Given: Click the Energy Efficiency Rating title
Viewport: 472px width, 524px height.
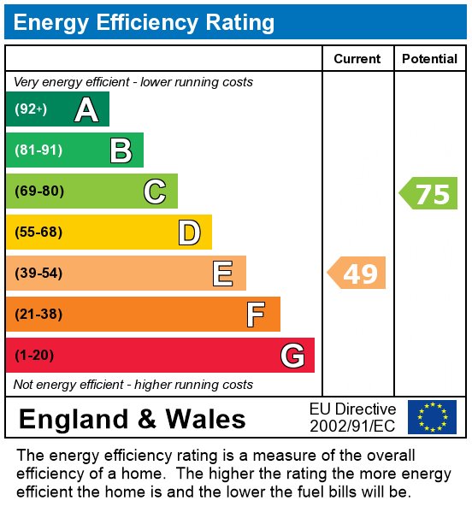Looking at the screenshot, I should tap(145, 22).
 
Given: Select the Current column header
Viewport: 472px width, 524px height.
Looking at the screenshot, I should tap(357, 59).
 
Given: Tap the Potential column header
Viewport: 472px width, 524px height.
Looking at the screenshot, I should tap(429, 59).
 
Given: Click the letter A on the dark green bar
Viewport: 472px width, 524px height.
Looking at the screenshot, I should tap(86, 109).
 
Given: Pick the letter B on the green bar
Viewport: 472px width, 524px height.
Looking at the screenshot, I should tap(121, 150).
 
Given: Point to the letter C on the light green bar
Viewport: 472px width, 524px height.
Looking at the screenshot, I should tap(155, 191).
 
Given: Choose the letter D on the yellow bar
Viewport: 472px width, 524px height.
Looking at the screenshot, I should tap(189, 233).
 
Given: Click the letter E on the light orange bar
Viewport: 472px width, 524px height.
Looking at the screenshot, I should tap(223, 274).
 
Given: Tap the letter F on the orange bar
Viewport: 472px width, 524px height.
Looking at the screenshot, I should tap(256, 315).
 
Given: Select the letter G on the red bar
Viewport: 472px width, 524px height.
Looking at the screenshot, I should tap(292, 356).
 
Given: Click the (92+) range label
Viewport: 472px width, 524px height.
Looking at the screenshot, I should tap(31, 109).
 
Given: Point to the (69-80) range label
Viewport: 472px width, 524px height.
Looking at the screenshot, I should tap(39, 191).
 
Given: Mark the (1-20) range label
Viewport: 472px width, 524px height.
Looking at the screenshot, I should tap(34, 356).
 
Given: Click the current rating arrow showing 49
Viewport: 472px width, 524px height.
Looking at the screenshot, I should tap(357, 274).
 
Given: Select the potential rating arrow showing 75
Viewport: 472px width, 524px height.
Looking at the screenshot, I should tap(429, 194).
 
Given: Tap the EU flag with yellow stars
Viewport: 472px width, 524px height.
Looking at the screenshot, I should tap(432, 417).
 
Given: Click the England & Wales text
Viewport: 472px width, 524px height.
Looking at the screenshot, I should tap(132, 419).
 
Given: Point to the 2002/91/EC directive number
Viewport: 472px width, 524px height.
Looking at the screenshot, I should tap(352, 426).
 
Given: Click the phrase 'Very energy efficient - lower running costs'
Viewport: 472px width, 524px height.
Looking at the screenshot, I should tap(133, 82).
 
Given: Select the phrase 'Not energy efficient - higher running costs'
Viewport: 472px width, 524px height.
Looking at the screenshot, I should tap(133, 385).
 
